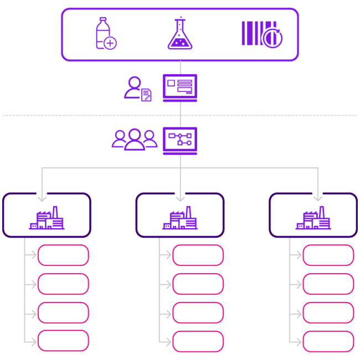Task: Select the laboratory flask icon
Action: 180,34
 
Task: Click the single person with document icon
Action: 137,89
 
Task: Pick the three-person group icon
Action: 135,139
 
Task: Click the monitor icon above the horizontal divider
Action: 180,88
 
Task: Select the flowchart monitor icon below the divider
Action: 180,141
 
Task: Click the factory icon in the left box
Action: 47,219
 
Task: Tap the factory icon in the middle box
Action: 180,219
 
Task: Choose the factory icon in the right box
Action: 313,219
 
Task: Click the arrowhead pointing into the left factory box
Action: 42,198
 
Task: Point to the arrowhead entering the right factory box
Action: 317,198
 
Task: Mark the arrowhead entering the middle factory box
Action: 180,198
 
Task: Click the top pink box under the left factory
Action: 63,255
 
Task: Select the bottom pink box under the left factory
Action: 63,341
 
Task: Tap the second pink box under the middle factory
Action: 198,284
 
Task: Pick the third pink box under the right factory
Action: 328,313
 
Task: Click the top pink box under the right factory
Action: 328,255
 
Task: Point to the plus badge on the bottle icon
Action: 110,43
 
